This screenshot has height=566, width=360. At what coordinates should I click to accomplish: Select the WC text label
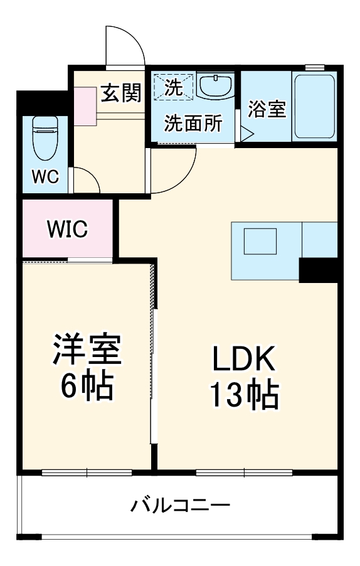click(x=46, y=178)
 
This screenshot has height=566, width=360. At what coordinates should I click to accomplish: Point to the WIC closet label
click(x=67, y=229)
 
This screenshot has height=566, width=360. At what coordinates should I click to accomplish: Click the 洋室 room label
click(x=86, y=350)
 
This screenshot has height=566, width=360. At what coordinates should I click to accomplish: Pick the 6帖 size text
click(x=86, y=388)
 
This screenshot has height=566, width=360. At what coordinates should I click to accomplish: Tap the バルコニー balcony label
click(x=180, y=506)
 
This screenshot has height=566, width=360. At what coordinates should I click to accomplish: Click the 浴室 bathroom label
click(x=267, y=109)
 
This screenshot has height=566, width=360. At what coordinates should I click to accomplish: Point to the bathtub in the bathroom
click(x=315, y=107)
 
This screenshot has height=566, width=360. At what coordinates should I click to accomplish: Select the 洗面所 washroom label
click(x=193, y=124)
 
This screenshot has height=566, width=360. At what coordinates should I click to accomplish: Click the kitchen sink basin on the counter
click(x=260, y=241)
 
